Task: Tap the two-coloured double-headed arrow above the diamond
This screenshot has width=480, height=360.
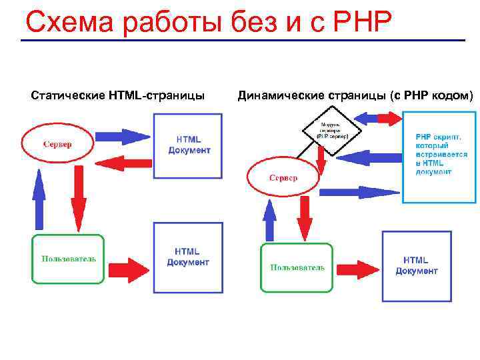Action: (379, 119)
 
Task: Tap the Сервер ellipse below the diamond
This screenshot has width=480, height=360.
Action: (283, 178)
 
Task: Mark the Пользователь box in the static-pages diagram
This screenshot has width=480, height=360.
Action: (69, 259)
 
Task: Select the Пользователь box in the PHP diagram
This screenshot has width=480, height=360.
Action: (297, 267)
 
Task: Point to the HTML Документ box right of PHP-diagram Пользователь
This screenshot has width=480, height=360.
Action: (416, 265)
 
